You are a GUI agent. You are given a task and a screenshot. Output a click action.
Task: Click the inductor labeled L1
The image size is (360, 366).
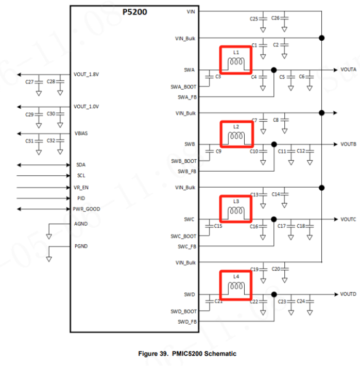[x=236, y=62]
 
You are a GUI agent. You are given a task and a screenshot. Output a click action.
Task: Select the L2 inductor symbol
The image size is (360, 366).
[x=236, y=136]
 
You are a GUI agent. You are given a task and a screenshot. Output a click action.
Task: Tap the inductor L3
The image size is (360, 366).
[x=236, y=211]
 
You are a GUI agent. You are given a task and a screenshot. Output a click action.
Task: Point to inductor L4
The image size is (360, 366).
[x=236, y=286]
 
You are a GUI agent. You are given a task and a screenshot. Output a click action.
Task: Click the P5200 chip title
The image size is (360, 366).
[x=135, y=11]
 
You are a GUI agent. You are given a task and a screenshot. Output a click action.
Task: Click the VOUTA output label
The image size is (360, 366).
[x=348, y=69]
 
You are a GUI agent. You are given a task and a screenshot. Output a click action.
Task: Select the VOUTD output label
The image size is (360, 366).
[x=348, y=294]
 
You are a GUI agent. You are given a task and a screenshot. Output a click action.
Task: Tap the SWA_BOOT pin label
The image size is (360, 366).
[x=183, y=87]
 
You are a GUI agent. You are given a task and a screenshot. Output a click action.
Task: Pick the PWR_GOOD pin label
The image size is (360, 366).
[x=87, y=209]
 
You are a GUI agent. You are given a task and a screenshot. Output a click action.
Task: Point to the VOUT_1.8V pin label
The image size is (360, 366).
[x=86, y=74]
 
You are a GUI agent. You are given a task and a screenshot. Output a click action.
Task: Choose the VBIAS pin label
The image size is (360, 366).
[x=81, y=134]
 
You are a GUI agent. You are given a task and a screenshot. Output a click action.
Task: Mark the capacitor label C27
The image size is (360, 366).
[x=29, y=82]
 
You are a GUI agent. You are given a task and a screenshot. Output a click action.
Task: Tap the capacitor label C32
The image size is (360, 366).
[x=51, y=141]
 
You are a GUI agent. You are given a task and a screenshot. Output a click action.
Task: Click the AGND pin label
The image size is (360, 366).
[x=81, y=224]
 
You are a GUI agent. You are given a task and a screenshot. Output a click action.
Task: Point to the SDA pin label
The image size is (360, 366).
[x=81, y=165]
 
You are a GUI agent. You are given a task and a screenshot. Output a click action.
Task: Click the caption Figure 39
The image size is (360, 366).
[x=187, y=354]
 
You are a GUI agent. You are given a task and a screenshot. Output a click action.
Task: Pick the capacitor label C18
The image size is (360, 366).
[x=301, y=226]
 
